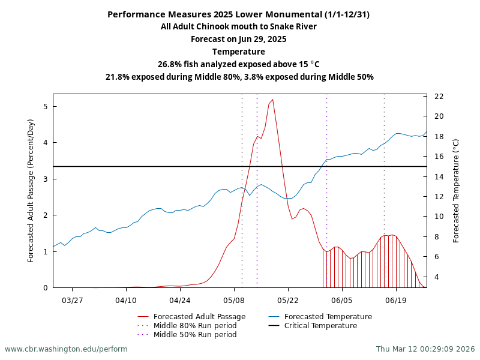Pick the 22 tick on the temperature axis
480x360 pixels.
click(x=439, y=97)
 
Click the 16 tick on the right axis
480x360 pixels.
click(x=439, y=157)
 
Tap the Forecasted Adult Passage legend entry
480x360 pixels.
click(x=199, y=317)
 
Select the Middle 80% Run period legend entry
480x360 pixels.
click(x=195, y=326)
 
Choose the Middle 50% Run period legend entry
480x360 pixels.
click(x=195, y=335)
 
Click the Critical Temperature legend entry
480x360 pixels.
click(x=320, y=326)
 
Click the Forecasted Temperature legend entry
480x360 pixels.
click(x=328, y=317)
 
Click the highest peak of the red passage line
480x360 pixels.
click(x=272, y=100)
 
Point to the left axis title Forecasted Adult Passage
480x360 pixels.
click(x=31, y=190)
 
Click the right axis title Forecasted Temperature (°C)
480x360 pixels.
click(x=456, y=190)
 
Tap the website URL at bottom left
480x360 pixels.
click(x=66, y=349)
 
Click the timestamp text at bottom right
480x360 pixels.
click(x=425, y=349)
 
